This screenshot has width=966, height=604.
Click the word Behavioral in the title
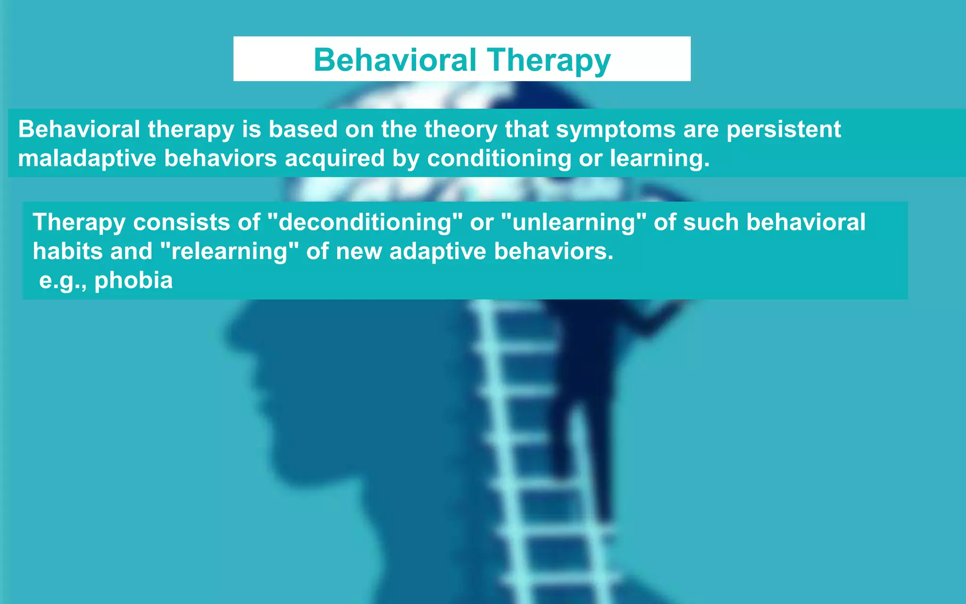click(395, 60)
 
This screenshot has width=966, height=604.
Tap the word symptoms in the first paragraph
click(616, 130)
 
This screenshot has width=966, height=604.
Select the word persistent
click(783, 130)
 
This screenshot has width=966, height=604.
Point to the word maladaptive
click(87, 159)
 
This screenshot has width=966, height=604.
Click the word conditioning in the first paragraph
click(499, 159)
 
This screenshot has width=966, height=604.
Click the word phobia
click(133, 281)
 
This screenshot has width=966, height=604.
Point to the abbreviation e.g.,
click(63, 281)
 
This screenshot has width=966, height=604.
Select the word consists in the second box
click(181, 223)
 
